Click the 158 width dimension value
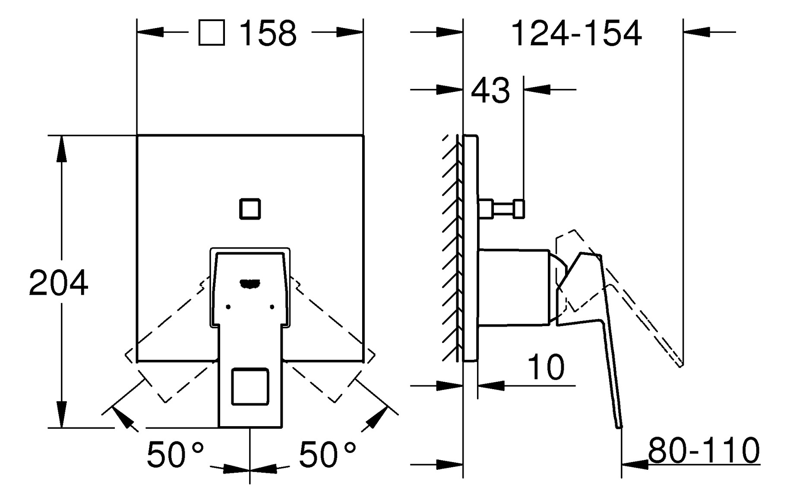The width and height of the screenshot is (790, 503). (268, 33)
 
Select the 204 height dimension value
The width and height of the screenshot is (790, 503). (59, 283)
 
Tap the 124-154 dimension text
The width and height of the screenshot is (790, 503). (576, 33)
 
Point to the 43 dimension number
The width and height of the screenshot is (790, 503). (490, 91)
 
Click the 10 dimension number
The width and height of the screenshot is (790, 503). (546, 368)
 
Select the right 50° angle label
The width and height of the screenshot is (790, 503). (328, 455)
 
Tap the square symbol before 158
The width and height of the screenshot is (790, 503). (212, 33)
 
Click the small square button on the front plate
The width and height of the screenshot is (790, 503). (250, 209)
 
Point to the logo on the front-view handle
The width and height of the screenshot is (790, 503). (250, 283)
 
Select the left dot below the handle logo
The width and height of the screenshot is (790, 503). (228, 307)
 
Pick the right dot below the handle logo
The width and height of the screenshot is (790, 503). (272, 307)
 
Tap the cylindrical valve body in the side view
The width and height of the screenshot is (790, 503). (514, 287)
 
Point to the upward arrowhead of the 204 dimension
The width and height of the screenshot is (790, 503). (62, 149)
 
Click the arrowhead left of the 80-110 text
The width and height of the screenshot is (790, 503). (635, 465)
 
